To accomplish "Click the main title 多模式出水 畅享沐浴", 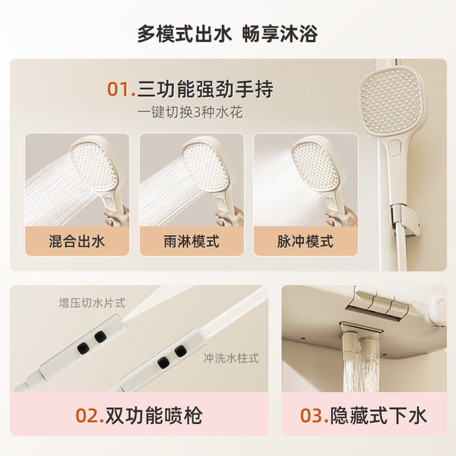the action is [227, 34].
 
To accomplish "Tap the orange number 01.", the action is [121, 89].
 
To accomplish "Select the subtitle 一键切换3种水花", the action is [190, 113].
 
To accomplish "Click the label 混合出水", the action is [77, 242].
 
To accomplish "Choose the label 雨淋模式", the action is [192, 242].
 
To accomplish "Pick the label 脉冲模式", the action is [306, 242].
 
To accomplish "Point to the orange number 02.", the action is [90, 415].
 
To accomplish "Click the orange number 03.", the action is [315, 415].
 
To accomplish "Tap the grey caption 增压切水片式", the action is [92, 303].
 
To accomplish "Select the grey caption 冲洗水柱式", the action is [231, 358].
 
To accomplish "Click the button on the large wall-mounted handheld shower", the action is [395, 147].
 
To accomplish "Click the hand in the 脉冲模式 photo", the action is [342, 217].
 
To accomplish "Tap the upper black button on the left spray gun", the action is [100, 337].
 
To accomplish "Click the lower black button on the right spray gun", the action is [163, 363].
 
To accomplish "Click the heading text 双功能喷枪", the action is [154, 415].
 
